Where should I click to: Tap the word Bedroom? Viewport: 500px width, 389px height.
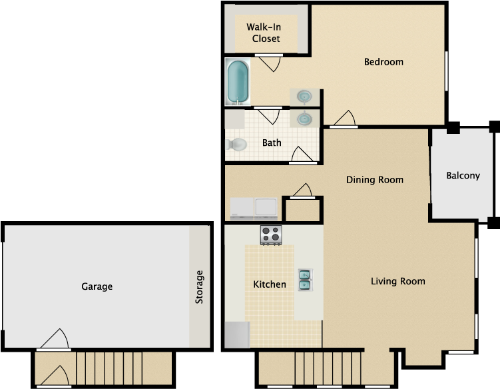(383, 62)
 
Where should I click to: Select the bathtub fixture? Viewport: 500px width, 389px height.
(237, 82)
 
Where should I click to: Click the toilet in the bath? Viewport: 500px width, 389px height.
(237, 143)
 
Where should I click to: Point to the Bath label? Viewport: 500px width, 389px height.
(272, 143)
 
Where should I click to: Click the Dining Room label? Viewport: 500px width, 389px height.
(375, 180)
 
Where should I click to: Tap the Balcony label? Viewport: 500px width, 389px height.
(463, 176)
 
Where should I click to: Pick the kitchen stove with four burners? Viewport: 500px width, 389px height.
(271, 234)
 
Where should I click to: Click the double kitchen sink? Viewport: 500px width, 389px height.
(305, 280)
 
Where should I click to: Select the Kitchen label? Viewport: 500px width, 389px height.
(270, 284)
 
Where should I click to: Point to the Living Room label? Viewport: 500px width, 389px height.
(397, 281)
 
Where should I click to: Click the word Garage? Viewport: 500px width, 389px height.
(97, 286)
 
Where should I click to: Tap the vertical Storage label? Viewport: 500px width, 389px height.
(199, 287)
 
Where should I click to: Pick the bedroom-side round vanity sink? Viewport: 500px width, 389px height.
(304, 97)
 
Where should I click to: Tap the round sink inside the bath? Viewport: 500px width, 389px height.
(304, 119)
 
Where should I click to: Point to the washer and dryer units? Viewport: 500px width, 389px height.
(254, 208)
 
